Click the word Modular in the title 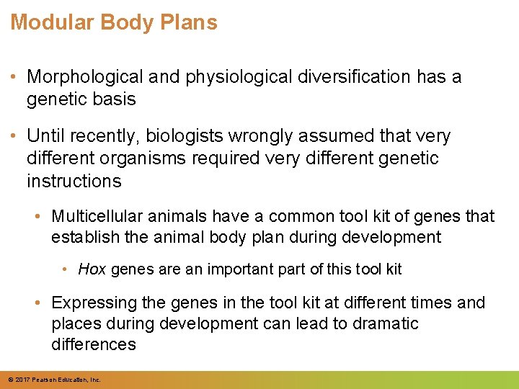click(52, 22)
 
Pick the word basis click(116, 99)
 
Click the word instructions click(74, 181)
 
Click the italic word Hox click(92, 269)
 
